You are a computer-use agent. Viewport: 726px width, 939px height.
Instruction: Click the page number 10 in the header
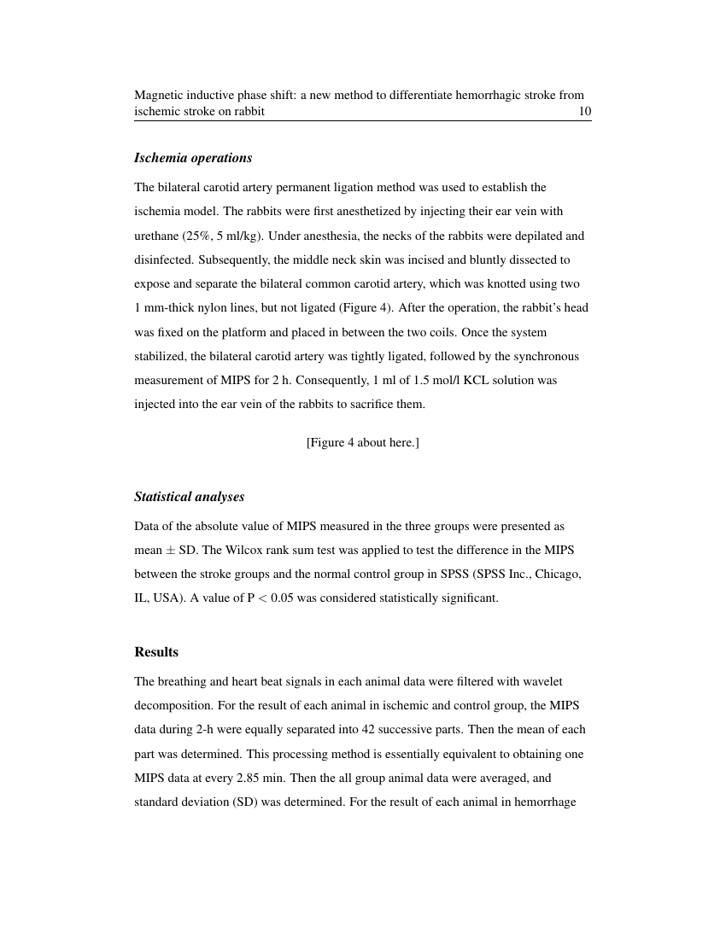coord(585,112)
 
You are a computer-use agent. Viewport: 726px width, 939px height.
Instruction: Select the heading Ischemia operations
coord(193,158)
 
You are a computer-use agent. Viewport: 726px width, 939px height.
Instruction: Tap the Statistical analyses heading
coord(189,497)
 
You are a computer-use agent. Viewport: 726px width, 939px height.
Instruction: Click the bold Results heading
coord(156,652)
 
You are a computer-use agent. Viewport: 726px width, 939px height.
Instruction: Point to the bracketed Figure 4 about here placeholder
coord(362,442)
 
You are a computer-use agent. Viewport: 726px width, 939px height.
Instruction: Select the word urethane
coord(156,236)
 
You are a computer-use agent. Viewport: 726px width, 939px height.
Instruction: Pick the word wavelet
coord(542,682)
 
